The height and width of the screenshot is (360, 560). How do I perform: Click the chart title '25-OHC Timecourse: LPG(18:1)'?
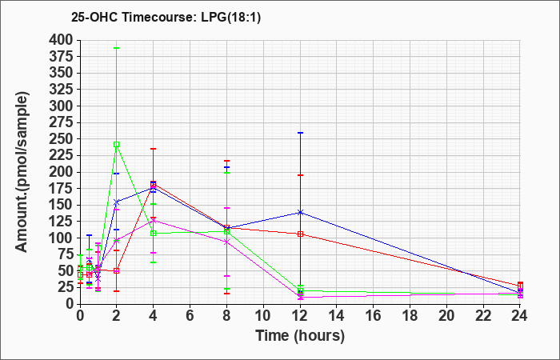coord(166,17)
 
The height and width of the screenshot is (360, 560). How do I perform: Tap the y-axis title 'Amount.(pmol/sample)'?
coord(22,172)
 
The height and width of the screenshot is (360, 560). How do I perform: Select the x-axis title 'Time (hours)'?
coord(300,336)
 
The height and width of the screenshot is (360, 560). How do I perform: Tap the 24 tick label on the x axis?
coord(520,316)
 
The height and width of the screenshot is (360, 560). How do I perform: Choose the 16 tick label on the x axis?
coord(374,316)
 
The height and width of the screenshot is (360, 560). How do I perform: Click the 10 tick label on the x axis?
coord(263,316)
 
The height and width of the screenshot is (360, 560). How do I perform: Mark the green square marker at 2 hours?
coord(117,145)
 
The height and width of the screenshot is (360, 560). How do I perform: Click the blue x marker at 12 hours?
coord(300,213)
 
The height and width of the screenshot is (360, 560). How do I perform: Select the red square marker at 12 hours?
coord(300,234)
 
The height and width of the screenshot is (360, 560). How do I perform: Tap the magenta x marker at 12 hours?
coord(300,297)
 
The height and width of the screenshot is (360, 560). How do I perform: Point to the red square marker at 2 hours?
coord(117,270)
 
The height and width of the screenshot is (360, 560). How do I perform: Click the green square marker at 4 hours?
coord(154,234)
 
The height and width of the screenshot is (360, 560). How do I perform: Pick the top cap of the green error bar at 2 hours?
coord(117,48)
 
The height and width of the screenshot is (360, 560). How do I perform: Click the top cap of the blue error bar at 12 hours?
coord(300,133)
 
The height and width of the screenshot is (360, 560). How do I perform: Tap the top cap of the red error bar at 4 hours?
coord(154,149)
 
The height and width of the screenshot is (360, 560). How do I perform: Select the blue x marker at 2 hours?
coord(117,202)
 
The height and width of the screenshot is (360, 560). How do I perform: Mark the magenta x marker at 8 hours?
coord(226,242)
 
